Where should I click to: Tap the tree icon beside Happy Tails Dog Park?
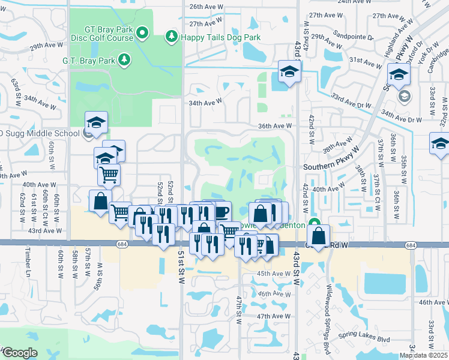coord(172,37)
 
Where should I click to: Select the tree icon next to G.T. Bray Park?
coord(124,59)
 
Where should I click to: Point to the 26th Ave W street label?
coord(206,7)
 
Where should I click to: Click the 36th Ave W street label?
coord(274,126)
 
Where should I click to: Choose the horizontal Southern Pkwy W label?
coord(331,167)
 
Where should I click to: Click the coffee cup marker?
coord(220,212)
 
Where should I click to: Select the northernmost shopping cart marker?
coord(109,174)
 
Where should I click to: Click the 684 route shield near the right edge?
coord(411,245)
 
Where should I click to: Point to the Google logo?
coord(19,353)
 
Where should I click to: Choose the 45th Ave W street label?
coord(274,274)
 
